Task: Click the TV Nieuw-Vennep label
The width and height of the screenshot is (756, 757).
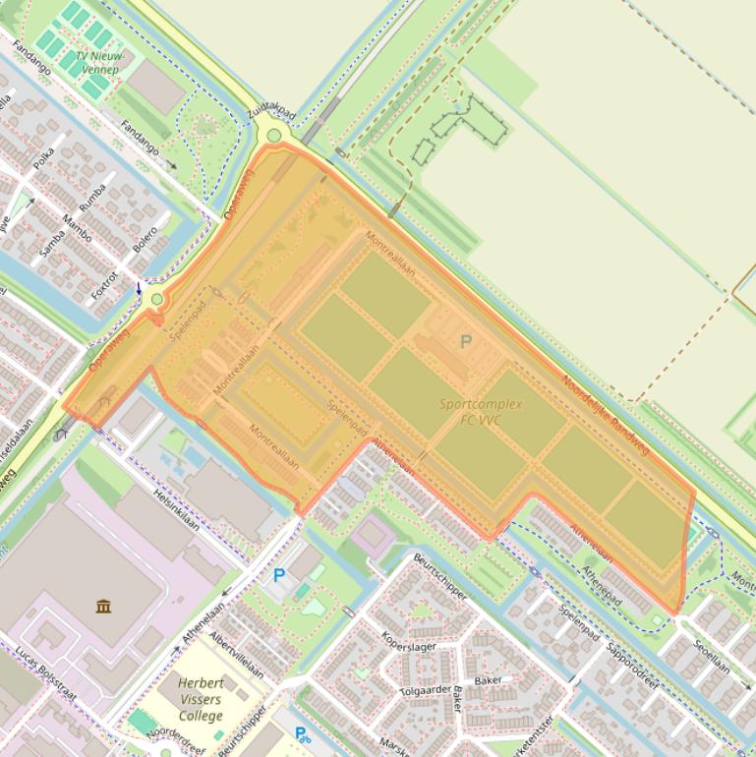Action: (x=96, y=63)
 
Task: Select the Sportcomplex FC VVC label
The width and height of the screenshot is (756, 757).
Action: (x=481, y=412)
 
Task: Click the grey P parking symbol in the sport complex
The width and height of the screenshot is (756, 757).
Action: (x=466, y=342)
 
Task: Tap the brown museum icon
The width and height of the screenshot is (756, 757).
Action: (x=103, y=606)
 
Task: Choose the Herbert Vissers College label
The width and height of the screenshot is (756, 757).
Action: (x=201, y=699)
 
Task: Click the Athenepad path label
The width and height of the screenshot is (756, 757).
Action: (x=601, y=585)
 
